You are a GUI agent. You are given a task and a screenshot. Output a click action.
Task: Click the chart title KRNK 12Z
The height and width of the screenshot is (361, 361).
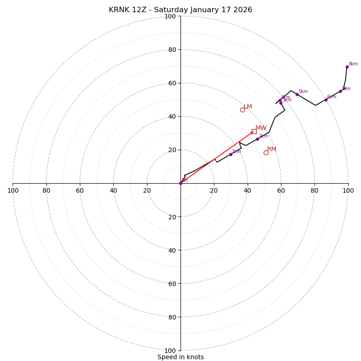point(180,10)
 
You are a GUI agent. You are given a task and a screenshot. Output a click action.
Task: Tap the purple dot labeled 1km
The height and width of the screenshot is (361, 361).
point(231,154)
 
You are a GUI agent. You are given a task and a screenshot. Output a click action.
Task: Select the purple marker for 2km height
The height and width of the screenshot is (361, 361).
point(257,139)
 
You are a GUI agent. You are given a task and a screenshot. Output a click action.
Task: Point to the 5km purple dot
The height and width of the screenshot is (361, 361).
point(297,94)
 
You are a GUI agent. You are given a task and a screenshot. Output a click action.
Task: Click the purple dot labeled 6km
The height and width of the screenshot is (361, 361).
point(326,100)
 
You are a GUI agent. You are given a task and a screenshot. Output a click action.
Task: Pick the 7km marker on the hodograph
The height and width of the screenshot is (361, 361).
point(340,91)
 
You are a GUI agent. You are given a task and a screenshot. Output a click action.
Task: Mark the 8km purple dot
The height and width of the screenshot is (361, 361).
point(347,67)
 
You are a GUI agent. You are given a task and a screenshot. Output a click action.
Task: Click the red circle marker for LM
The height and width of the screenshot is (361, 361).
point(242,110)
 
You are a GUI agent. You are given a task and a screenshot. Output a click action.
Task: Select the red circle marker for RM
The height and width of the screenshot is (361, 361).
point(266,153)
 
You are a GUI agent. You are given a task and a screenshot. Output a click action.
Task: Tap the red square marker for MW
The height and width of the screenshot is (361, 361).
point(254,131)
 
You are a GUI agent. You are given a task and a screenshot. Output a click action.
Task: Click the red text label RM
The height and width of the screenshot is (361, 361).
point(272,149)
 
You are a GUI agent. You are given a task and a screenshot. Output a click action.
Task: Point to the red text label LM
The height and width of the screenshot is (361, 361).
point(248,107)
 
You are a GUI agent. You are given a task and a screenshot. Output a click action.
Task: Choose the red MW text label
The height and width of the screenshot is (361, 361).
point(261,128)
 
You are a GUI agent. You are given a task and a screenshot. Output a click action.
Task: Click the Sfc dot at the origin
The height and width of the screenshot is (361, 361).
point(180,183)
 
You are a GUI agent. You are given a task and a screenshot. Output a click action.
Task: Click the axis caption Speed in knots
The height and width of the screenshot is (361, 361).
point(180,357)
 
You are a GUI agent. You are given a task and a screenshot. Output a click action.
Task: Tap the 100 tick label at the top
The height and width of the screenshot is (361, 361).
point(170,17)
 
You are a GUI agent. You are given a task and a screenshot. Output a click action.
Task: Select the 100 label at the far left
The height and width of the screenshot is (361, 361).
point(13,191)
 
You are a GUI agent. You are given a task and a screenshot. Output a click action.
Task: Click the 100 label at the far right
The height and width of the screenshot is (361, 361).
point(348,191)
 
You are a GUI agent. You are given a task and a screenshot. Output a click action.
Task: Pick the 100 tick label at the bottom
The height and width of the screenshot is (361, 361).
point(170,351)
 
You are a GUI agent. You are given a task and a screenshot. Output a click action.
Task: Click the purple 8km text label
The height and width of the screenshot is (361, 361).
point(353,64)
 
